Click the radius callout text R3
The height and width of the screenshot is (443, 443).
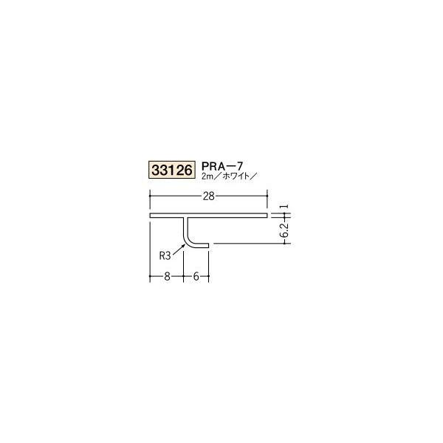tap(166, 256)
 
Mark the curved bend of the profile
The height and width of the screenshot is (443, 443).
tap(190, 242)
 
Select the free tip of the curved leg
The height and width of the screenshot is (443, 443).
tap(210, 246)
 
